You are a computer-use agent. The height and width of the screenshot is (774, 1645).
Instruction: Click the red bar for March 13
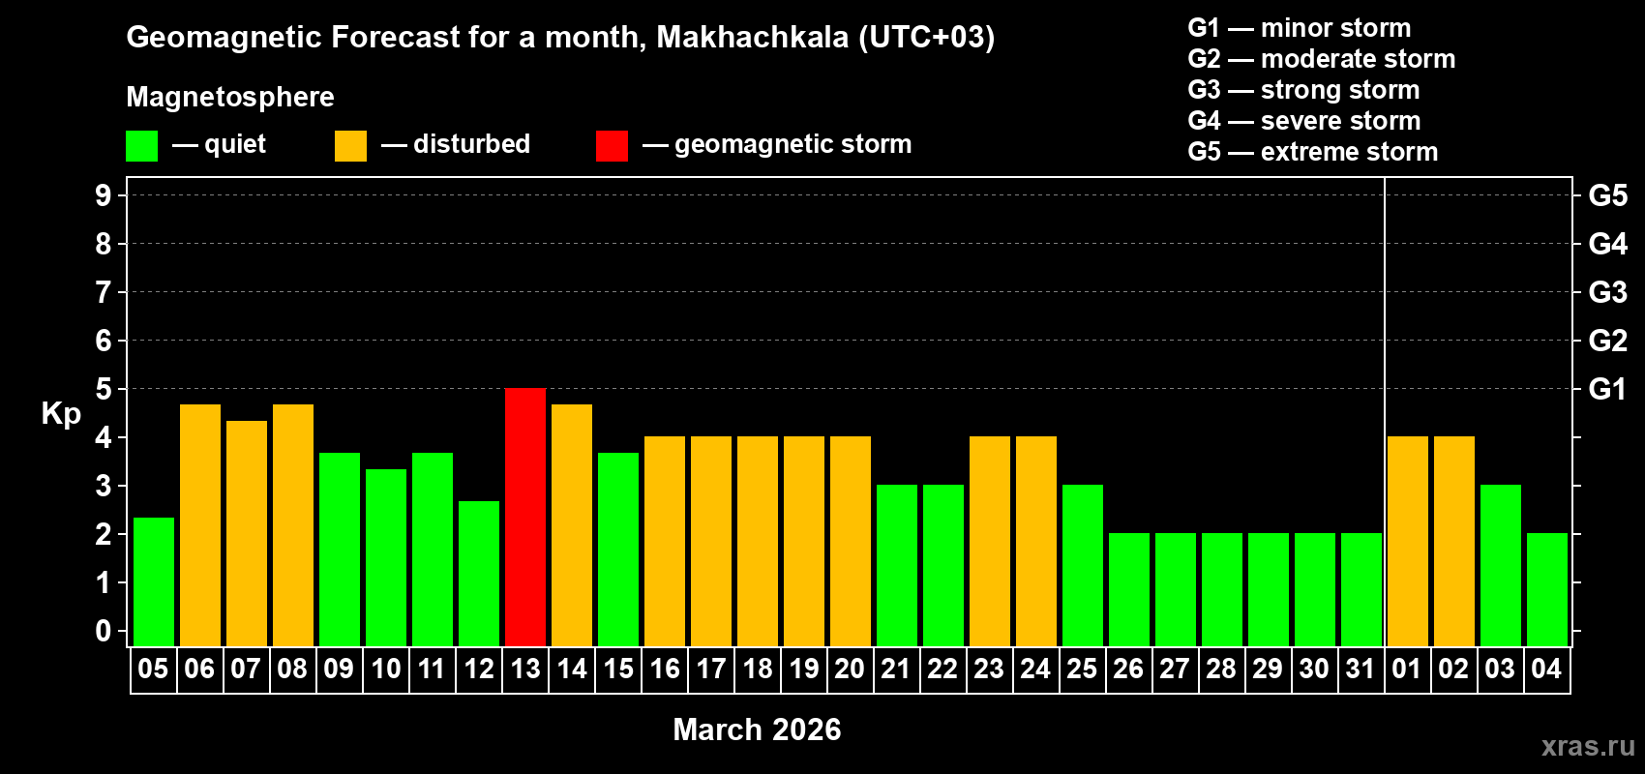(525, 517)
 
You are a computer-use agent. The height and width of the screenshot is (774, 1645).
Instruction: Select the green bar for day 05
(154, 581)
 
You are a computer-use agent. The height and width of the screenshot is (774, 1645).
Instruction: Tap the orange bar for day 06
(200, 525)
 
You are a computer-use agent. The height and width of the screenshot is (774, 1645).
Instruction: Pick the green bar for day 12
(479, 573)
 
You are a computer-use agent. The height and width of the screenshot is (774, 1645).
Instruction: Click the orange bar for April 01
(1408, 541)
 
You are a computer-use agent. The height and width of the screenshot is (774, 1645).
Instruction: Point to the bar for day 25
(1083, 565)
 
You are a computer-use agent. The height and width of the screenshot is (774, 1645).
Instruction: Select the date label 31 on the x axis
(1361, 669)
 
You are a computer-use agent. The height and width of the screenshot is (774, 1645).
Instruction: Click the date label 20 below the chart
(850, 669)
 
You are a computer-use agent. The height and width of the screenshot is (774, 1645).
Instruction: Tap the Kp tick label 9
(104, 195)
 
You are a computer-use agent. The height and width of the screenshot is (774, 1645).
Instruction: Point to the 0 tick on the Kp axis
(104, 631)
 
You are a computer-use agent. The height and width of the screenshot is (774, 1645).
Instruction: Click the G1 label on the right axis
(1607, 389)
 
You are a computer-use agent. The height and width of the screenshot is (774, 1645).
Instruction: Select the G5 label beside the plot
(1607, 195)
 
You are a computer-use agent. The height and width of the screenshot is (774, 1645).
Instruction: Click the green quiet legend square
(142, 146)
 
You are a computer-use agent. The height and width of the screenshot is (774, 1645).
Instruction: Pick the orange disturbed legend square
(350, 146)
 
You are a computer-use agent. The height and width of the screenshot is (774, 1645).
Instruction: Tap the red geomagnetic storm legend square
(612, 146)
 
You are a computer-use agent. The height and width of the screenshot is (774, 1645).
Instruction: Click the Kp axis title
(61, 413)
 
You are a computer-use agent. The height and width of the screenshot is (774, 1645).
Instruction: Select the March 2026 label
(757, 729)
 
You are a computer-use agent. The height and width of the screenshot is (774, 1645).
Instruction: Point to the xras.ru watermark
(1588, 746)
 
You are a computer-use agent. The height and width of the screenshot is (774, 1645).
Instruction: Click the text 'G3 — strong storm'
(1303, 90)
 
